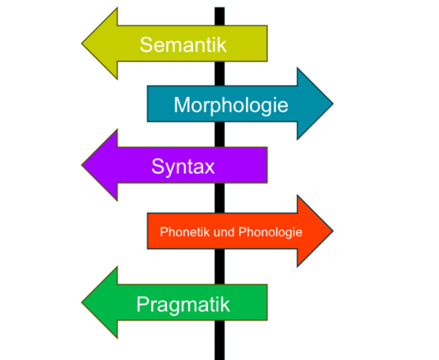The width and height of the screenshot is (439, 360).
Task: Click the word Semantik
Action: coord(183,45)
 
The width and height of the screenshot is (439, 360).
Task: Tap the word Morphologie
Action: coord(231,106)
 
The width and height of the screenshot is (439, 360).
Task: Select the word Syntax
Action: coord(183,167)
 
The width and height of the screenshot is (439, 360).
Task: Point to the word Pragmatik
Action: coord(183,304)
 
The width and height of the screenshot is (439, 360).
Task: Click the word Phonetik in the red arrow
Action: coord(185,232)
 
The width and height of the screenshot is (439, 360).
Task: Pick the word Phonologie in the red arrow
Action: coord(270,232)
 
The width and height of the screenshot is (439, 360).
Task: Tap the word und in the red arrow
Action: coord(224,232)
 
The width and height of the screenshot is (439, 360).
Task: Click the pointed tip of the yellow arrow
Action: coord(82,43)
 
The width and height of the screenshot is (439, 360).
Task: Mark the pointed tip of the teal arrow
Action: coord(333,104)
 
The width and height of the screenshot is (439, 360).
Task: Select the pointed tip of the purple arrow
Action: coord(82,165)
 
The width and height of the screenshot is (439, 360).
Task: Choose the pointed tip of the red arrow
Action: coord(333,231)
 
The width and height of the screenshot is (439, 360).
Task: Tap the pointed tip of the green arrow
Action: coord(82,303)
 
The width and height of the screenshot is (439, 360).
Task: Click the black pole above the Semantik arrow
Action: coord(219,16)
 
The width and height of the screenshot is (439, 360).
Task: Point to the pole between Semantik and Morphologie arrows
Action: coord(219,74)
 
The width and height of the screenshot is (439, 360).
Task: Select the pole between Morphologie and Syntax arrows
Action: coord(219,134)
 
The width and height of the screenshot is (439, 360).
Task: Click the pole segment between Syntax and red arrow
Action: coord(219,198)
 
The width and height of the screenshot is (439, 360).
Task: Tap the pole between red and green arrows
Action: coord(219,267)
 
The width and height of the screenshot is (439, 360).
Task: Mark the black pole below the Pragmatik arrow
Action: coord(219,340)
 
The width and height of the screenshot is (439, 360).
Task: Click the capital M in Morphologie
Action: coord(181,105)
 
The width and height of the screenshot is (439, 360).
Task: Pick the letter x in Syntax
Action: coord(209,168)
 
